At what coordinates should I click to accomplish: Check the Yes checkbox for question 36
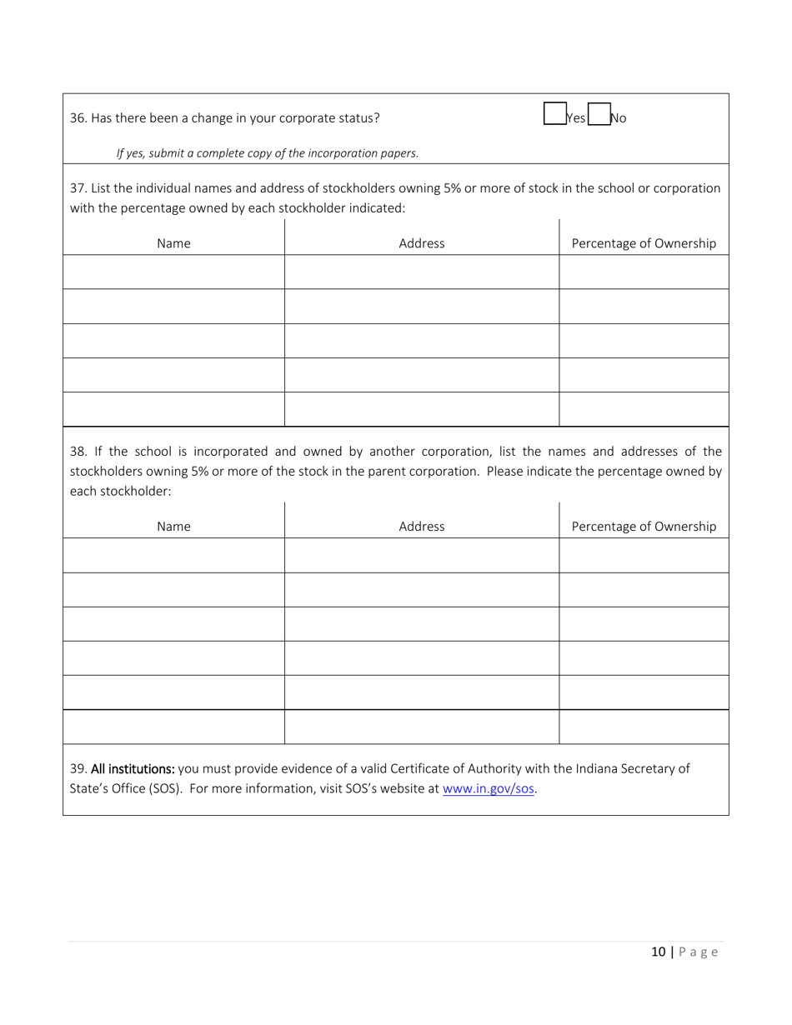pyautogui.click(x=554, y=114)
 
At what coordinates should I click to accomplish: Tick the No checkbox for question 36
pyautogui.click(x=599, y=114)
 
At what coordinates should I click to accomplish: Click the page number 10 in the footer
pyautogui.click(x=659, y=952)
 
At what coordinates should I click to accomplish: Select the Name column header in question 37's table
pyautogui.click(x=173, y=243)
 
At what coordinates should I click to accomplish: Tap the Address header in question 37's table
pyautogui.click(x=421, y=243)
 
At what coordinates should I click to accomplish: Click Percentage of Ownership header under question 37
pyautogui.click(x=643, y=243)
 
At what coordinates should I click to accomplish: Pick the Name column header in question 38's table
pyautogui.click(x=173, y=526)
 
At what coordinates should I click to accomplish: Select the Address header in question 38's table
pyautogui.click(x=421, y=526)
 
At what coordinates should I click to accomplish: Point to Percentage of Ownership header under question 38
pyautogui.click(x=643, y=526)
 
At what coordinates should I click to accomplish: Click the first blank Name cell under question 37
pyautogui.click(x=173, y=272)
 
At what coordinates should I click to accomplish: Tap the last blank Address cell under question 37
pyautogui.click(x=421, y=409)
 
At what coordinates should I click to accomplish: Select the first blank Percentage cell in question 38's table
pyautogui.click(x=643, y=554)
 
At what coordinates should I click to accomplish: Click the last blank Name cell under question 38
pyautogui.click(x=173, y=726)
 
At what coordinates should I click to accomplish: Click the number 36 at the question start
pyautogui.click(x=78, y=118)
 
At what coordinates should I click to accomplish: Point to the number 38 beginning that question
pyautogui.click(x=78, y=452)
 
